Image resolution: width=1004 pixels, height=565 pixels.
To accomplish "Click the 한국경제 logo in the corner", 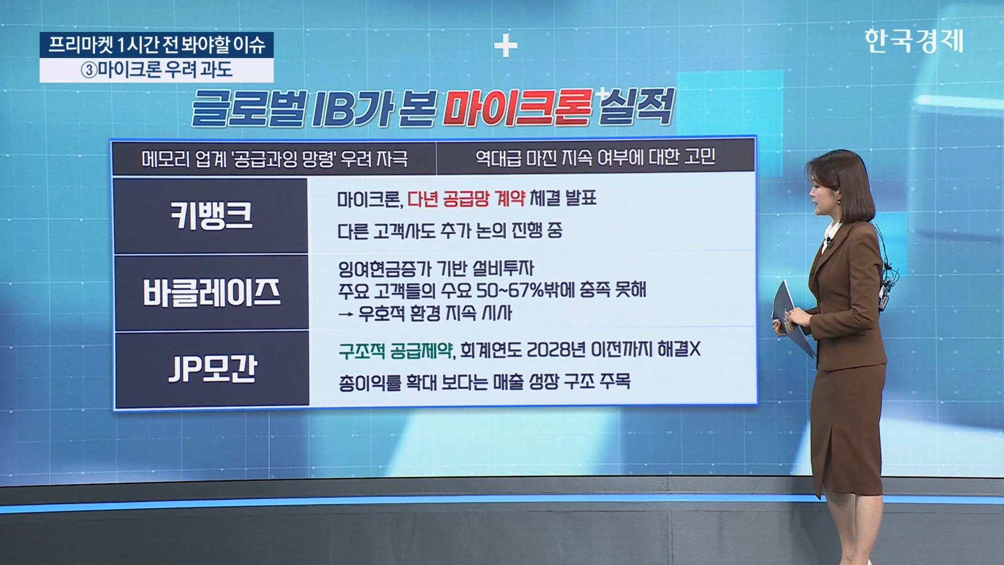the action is click(x=914, y=41).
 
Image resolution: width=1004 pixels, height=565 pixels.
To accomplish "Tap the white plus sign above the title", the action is click(x=506, y=46).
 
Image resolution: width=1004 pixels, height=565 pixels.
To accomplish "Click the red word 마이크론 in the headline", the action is click(x=518, y=108).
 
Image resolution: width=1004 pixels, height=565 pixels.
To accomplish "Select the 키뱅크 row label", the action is click(x=211, y=216).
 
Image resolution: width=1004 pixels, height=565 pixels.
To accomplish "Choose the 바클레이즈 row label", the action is click(x=211, y=292).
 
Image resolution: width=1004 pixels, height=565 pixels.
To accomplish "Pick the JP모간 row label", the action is click(x=212, y=368).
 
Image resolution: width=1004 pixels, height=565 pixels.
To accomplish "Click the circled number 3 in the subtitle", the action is click(x=89, y=70).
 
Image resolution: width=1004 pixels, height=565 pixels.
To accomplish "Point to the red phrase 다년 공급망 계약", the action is click(x=466, y=198).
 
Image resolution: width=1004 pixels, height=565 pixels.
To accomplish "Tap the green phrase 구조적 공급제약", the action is click(x=395, y=350).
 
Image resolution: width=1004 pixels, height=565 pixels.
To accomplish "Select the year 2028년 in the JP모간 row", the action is click(x=556, y=349).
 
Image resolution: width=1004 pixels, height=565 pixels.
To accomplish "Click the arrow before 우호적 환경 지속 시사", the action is click(x=346, y=314).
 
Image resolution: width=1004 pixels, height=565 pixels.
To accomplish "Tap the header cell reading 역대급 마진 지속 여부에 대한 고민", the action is click(x=595, y=157).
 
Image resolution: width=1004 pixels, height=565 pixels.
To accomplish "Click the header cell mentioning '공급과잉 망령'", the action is click(x=275, y=158).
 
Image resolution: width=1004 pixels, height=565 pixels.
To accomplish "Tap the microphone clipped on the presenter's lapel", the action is click(x=828, y=242).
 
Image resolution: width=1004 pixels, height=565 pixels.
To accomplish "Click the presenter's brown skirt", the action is click(x=848, y=429).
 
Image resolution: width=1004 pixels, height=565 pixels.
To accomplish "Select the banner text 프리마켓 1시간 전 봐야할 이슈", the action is click(x=157, y=45).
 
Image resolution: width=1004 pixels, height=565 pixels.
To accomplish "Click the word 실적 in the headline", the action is click(x=636, y=107).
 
